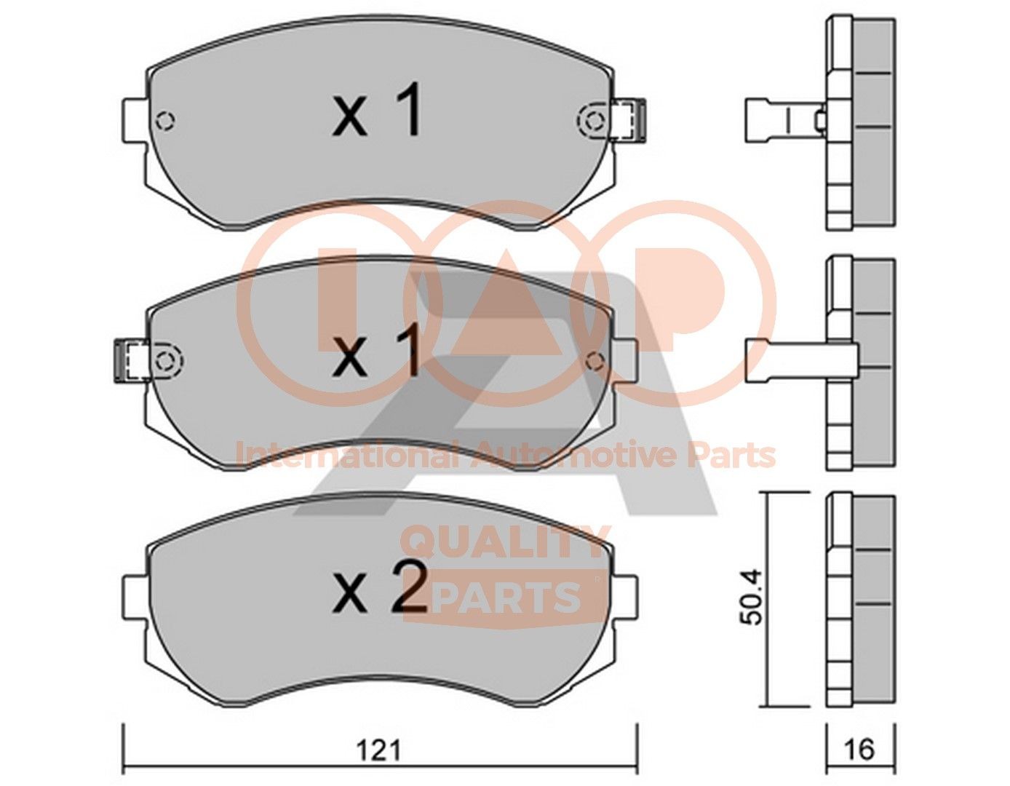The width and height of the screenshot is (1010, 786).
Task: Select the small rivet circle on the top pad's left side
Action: click(x=165, y=120)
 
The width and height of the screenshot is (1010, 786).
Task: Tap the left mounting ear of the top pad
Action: click(x=135, y=119)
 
